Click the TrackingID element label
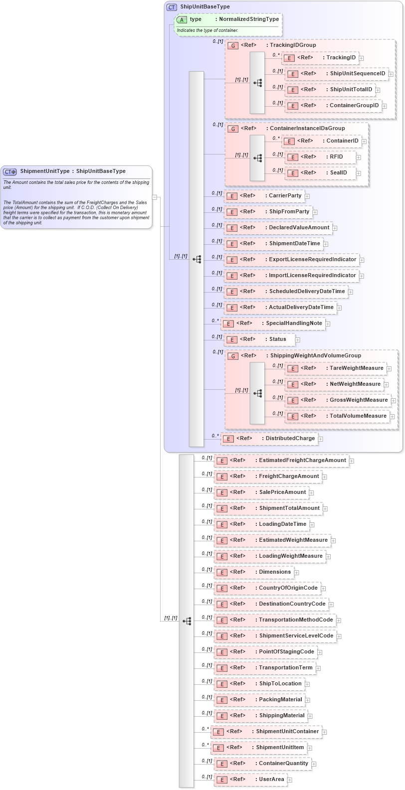(x=341, y=58)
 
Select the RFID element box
(x=321, y=157)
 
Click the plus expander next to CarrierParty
(x=307, y=196)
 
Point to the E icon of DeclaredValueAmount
(x=231, y=228)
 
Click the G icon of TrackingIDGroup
(x=233, y=46)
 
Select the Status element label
(x=277, y=339)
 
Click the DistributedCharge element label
(x=290, y=439)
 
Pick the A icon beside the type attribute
(x=182, y=20)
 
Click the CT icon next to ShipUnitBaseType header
(x=172, y=7)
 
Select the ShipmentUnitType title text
(x=45, y=171)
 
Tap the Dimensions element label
(x=274, y=572)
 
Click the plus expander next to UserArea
(x=290, y=780)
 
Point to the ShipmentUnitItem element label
(x=280, y=748)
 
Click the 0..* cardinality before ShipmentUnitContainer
(x=205, y=729)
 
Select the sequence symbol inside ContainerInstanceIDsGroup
(x=257, y=158)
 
